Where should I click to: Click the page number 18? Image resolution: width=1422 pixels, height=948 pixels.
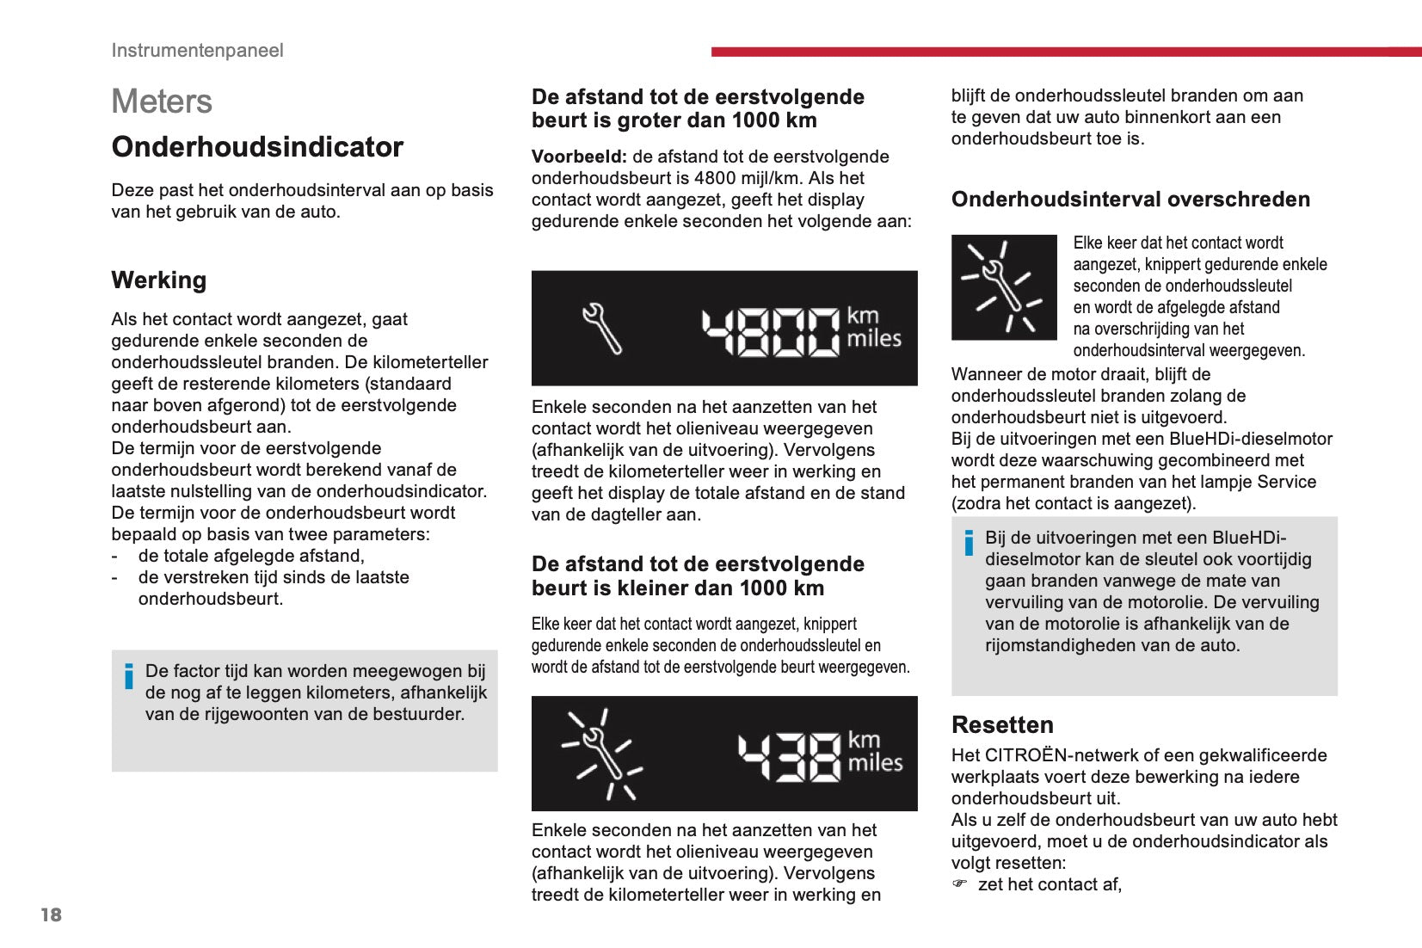coord(52,914)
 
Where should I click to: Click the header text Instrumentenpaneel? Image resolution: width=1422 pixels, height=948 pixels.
coord(197,50)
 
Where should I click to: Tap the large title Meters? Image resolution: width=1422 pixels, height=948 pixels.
coord(162,102)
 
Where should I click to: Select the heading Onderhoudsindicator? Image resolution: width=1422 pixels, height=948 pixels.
coord(257,147)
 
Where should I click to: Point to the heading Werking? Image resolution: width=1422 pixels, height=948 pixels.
coord(159,280)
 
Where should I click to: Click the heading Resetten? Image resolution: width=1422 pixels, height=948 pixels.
coord(1002,724)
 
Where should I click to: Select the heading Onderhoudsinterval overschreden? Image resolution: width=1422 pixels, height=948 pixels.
coord(1130,200)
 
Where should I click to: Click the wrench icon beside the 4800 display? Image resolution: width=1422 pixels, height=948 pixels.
coord(601,328)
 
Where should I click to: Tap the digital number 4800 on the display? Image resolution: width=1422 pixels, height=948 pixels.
coord(770,331)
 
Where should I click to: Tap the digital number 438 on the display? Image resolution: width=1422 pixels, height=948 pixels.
coord(789,756)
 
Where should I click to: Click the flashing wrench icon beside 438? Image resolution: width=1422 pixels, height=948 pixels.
coord(602,754)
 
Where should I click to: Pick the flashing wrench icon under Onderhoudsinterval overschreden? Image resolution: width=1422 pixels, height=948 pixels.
coord(1003,287)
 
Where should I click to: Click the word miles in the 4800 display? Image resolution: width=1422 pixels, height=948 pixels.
coord(874,339)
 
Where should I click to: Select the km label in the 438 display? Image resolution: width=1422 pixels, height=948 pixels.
coord(864,740)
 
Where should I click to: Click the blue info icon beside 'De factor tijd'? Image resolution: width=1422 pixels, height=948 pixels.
coord(129,676)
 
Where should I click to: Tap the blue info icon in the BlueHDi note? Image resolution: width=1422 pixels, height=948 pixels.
coord(969,543)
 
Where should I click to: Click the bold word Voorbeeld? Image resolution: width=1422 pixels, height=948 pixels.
coord(579,157)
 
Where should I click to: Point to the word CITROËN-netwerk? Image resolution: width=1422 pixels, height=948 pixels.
coord(1058,755)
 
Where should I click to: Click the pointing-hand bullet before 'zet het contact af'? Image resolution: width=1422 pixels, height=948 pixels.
coord(960,883)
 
